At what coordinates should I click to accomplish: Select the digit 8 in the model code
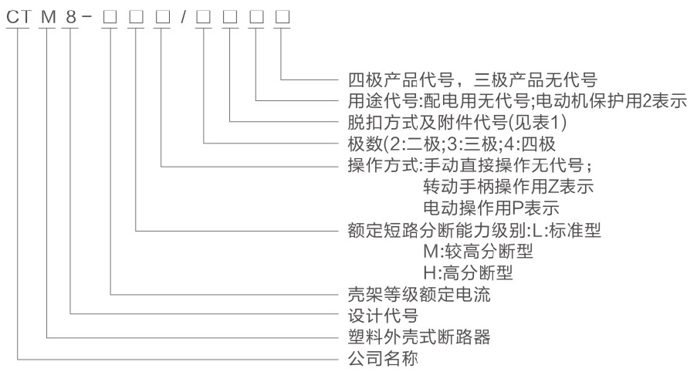(70, 15)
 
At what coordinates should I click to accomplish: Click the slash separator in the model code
(182, 15)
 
